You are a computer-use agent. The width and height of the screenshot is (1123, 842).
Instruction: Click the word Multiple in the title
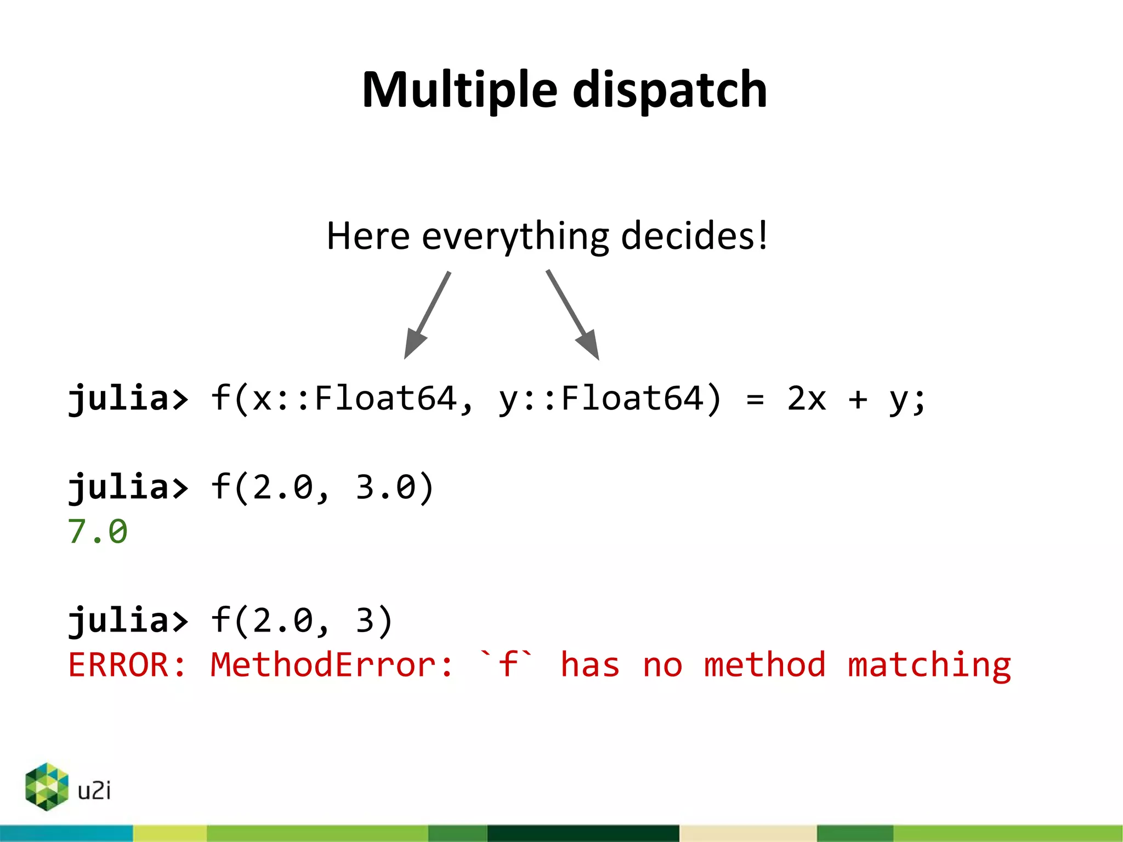coord(460,90)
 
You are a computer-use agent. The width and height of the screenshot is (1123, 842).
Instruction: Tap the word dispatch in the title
coord(670,90)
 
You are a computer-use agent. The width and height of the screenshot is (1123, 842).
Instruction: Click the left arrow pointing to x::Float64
coord(427,315)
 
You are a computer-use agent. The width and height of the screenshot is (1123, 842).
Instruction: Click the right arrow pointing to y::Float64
coord(573,315)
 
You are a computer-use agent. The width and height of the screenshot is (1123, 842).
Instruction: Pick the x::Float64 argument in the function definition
coord(354,399)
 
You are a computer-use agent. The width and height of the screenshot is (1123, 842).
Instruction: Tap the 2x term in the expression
coord(806,399)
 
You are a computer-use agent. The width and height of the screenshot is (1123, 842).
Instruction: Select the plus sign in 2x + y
coord(858,399)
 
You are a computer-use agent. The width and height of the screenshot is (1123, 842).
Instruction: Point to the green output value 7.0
coord(98,532)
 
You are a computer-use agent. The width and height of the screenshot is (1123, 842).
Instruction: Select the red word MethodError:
coord(332,665)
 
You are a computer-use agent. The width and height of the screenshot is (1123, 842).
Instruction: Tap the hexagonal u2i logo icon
coord(47,787)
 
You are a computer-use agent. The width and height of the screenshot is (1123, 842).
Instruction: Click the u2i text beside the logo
coord(94,790)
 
